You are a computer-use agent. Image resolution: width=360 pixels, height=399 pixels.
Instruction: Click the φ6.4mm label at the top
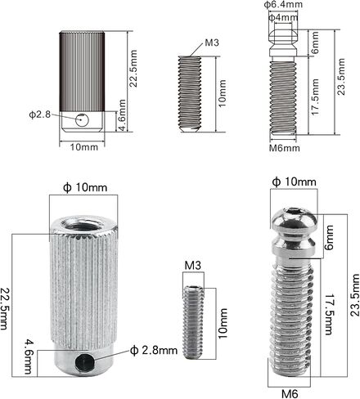coord(283,5)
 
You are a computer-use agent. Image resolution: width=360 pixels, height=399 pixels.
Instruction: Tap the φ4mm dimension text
coord(283,17)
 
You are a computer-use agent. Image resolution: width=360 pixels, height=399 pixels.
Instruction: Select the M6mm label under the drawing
coord(285,148)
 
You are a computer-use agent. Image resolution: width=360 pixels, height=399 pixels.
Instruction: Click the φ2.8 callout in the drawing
coord(40,114)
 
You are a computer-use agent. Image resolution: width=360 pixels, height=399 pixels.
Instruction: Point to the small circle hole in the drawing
coord(82,120)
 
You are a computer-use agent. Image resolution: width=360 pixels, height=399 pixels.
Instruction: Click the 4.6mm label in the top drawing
coord(122,115)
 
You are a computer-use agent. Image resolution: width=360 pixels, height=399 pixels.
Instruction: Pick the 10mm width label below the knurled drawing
coord(84,147)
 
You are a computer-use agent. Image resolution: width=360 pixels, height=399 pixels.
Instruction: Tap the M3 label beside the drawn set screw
coord(212,43)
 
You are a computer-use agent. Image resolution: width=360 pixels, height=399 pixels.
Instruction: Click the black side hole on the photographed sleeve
coord(84,363)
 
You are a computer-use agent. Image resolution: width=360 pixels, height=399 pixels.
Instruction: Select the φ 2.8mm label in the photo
coord(154,350)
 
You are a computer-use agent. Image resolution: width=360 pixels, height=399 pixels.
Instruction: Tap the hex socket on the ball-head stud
coord(293,212)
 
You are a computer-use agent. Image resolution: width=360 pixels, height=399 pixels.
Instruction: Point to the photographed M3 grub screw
coord(193,322)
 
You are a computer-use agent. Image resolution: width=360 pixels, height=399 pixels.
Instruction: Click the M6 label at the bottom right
coord(290,393)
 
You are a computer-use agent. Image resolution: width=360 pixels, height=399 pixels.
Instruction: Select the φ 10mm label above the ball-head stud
coord(294,182)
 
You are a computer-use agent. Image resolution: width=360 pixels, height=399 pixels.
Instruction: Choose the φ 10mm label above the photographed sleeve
coord(85,187)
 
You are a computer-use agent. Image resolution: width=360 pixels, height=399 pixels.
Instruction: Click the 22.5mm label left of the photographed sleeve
coord(4,307)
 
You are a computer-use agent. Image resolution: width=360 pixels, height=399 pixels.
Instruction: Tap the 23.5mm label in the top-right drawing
coord(340,77)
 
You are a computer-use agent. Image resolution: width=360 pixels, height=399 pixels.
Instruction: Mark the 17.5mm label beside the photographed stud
coord(328,314)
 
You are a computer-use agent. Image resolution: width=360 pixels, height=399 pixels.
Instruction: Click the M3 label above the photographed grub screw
coord(193,265)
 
